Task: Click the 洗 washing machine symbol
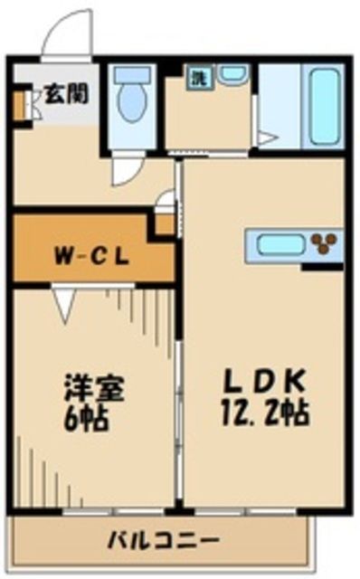[x=196, y=78]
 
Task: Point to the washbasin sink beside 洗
[x=232, y=74]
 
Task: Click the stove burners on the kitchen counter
[x=323, y=242]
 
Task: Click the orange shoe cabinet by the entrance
[x=17, y=106]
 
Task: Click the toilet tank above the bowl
[x=133, y=74]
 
